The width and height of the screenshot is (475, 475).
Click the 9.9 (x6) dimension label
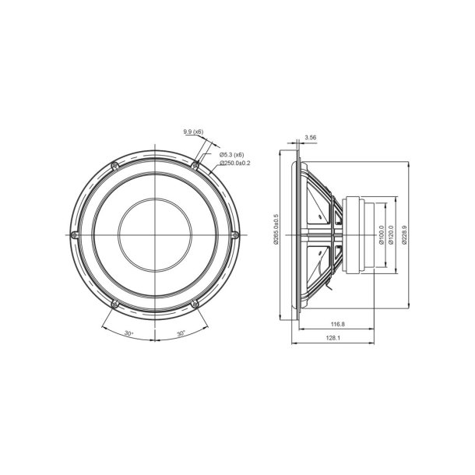(x=194, y=133)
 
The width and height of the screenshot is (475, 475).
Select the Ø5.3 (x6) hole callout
(x=233, y=155)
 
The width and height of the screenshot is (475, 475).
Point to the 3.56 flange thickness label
(x=311, y=137)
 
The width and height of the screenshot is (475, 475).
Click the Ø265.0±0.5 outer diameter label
(x=276, y=230)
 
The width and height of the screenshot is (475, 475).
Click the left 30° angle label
(x=128, y=332)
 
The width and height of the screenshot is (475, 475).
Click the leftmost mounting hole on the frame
(x=74, y=234)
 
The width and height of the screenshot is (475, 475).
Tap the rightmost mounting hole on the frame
(x=234, y=234)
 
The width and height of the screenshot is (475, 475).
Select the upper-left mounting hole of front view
(x=114, y=165)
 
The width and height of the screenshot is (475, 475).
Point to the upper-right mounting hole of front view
(x=195, y=165)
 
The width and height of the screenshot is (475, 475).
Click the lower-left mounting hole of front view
(x=114, y=303)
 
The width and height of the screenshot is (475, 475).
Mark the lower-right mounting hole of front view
(x=195, y=303)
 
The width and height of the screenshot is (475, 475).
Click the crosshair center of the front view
(x=154, y=234)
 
